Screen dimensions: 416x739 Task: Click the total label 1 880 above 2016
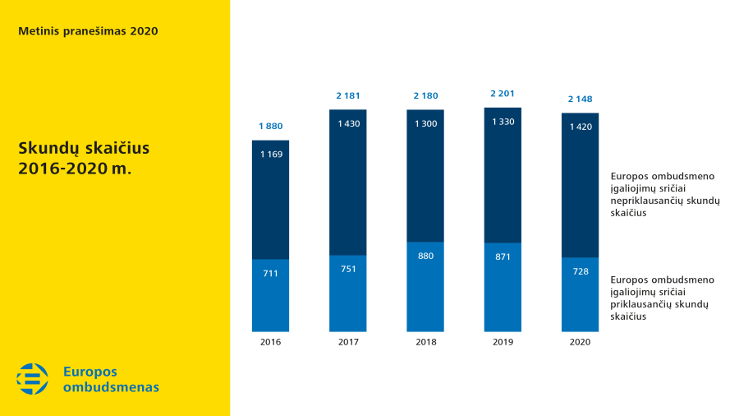click(x=270, y=126)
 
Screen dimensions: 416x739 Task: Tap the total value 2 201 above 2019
click(x=503, y=94)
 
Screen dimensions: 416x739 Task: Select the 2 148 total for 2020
click(x=580, y=99)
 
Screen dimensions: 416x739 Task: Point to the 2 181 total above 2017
click(x=348, y=95)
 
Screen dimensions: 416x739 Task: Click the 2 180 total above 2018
click(x=425, y=95)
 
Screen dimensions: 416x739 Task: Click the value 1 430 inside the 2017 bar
click(x=348, y=123)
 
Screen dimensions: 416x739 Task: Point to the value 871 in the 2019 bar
click(x=503, y=257)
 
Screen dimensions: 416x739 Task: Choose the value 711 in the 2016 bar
click(x=270, y=273)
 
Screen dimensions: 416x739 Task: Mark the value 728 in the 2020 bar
click(x=580, y=271)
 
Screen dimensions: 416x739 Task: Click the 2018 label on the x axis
click(x=425, y=342)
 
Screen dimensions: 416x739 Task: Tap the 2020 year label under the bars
click(x=580, y=342)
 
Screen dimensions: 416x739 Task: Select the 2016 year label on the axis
click(x=270, y=342)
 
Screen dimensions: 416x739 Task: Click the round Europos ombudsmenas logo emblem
click(x=33, y=378)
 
